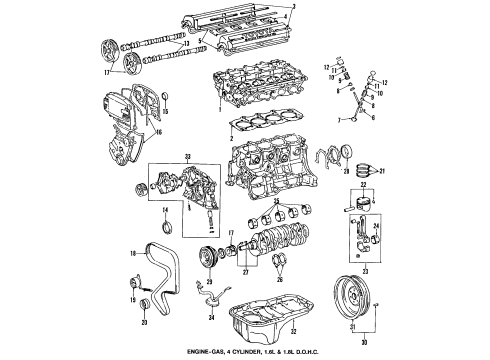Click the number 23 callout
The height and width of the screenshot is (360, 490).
click(375, 269)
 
